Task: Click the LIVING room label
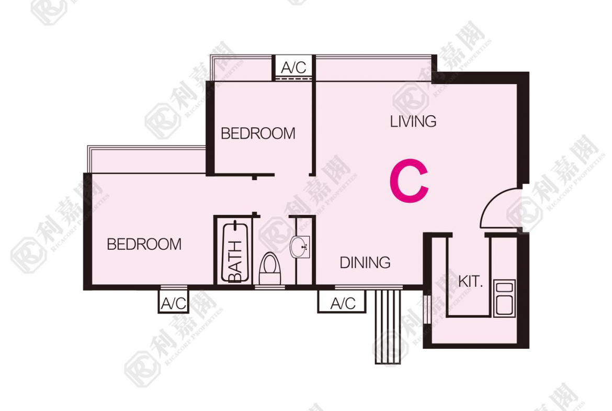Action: (413, 121)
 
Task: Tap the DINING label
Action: (365, 262)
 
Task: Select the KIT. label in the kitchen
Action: (471, 281)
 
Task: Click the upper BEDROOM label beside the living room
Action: (258, 134)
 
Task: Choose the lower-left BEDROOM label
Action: (144, 244)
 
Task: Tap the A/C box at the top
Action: (293, 68)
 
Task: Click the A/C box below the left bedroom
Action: (173, 302)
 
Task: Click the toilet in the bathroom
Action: (270, 269)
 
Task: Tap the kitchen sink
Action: (504, 298)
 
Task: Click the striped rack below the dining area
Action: (388, 327)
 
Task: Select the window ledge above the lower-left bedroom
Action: (147, 159)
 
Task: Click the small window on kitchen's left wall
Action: (427, 309)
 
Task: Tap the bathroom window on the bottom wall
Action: (270, 287)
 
